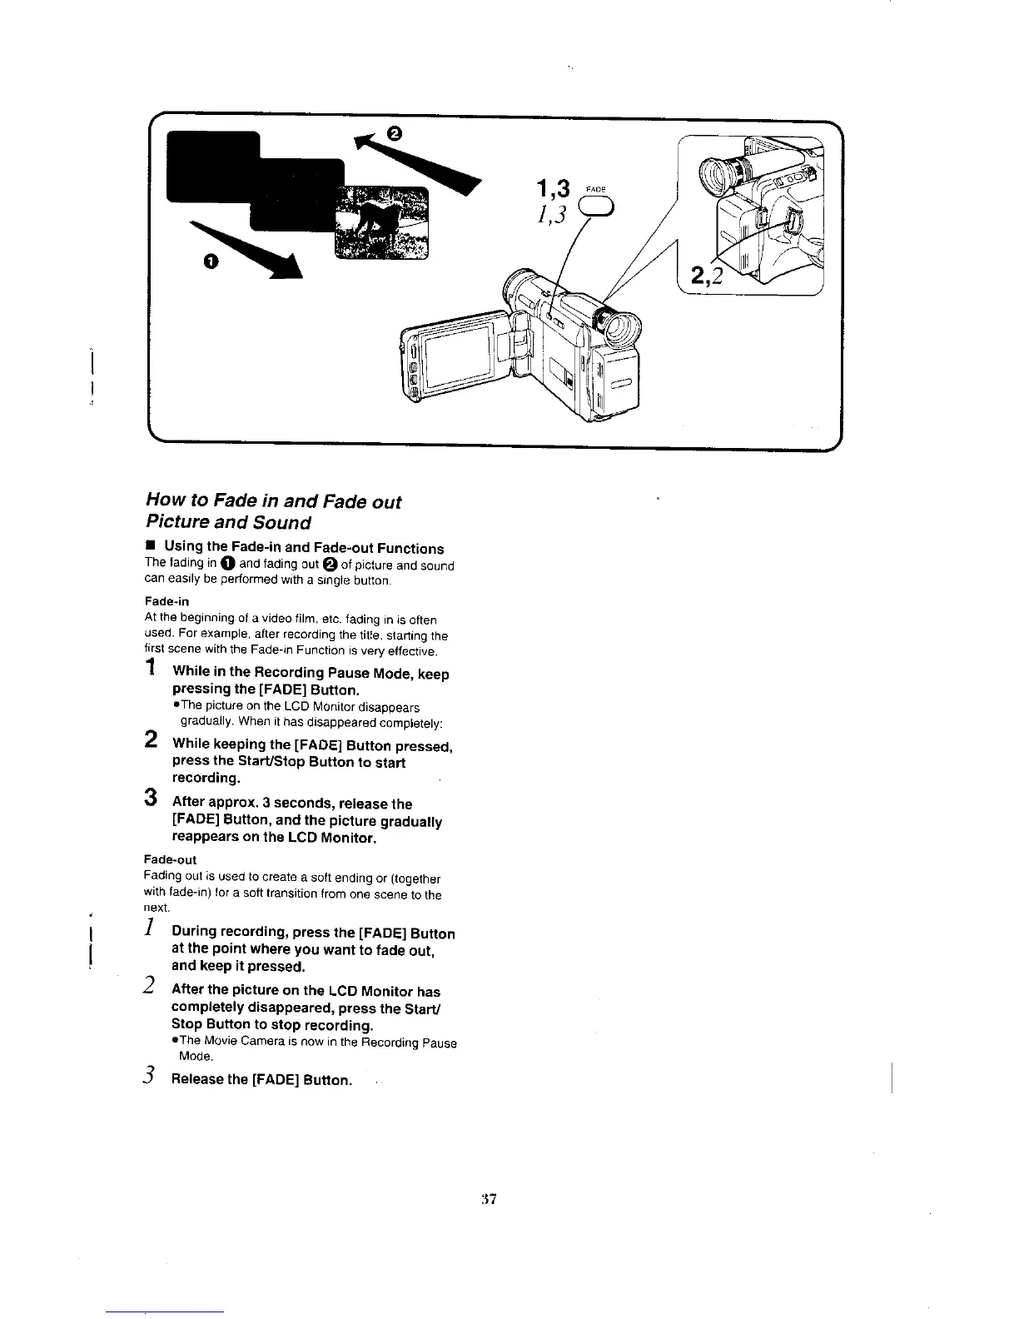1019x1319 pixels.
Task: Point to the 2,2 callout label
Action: [706, 274]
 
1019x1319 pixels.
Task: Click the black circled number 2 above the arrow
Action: [395, 134]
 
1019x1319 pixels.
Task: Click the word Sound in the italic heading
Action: [282, 523]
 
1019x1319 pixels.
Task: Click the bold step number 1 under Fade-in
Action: [151, 667]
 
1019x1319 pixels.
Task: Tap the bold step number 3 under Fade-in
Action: [151, 797]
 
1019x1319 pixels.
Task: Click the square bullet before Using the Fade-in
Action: [150, 545]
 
